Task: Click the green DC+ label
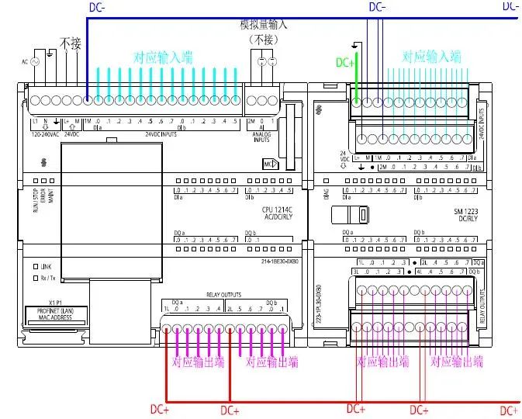pos(345,63)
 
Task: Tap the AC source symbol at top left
pos(34,61)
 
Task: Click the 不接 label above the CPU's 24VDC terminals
pos(69,43)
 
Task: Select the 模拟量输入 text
pos(264,25)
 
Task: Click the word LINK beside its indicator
pos(46,266)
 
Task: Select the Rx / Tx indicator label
pos(48,277)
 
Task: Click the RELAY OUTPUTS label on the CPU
pos(224,295)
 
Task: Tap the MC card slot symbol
pos(271,164)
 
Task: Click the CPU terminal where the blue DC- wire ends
pos(87,101)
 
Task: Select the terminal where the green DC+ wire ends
pos(356,100)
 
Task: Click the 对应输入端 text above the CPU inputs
pos(163,57)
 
